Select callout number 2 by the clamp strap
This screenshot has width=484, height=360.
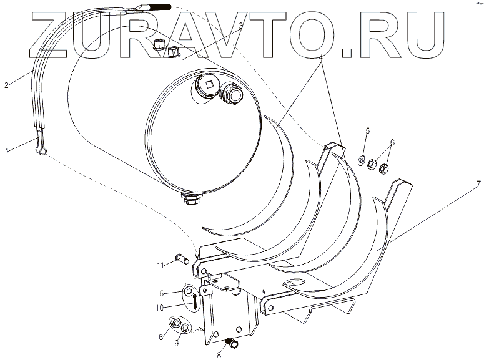pyautogui.click(x=7, y=85)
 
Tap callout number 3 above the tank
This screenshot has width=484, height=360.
pyautogui.click(x=240, y=25)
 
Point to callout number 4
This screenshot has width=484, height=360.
pyautogui.click(x=320, y=57)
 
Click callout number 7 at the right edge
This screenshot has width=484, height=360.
pyautogui.click(x=478, y=183)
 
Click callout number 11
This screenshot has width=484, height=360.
pyautogui.click(x=161, y=266)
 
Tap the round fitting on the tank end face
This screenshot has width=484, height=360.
pyautogui.click(x=232, y=94)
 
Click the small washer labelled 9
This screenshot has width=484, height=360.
pyautogui.click(x=185, y=328)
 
